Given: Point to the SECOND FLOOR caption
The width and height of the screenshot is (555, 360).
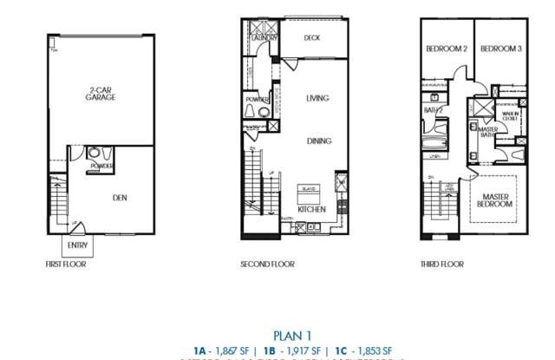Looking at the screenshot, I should [x=268, y=264].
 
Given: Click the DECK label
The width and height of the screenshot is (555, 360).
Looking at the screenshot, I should [x=313, y=38].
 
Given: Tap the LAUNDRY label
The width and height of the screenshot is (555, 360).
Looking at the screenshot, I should [x=264, y=39].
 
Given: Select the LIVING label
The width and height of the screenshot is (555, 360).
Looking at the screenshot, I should [x=317, y=99].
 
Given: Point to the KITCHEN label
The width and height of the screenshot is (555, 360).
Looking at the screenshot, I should [x=310, y=210].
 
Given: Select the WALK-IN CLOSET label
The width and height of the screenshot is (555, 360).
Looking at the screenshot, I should [x=510, y=115].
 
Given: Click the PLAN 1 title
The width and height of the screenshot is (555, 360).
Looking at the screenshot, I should [x=291, y=334].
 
